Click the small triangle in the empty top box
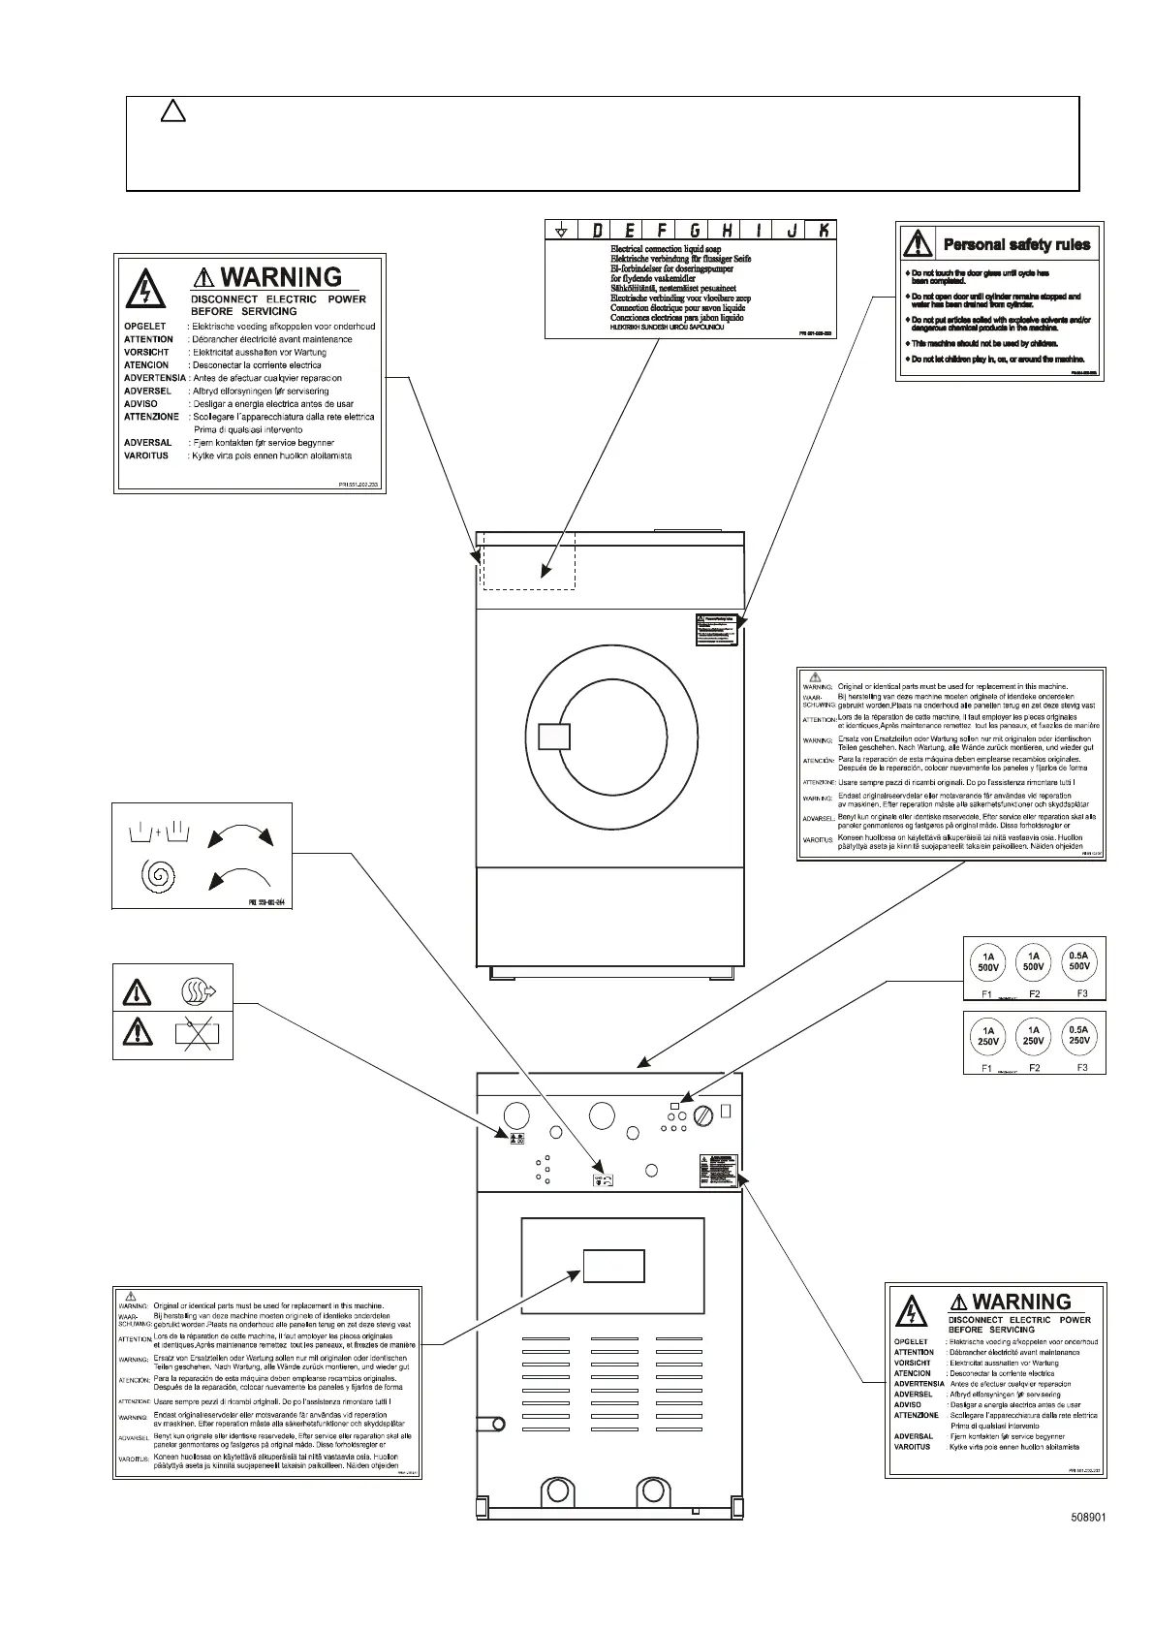(172, 112)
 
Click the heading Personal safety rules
(1016, 244)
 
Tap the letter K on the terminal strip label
(824, 231)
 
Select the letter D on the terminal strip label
(597, 231)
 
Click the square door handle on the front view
(553, 737)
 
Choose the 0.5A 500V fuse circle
(1079, 961)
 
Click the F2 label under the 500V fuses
(1034, 994)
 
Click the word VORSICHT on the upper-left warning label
(146, 353)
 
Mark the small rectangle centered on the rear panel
(613, 1265)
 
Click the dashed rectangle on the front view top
(529, 560)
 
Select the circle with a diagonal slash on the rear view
(705, 1116)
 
